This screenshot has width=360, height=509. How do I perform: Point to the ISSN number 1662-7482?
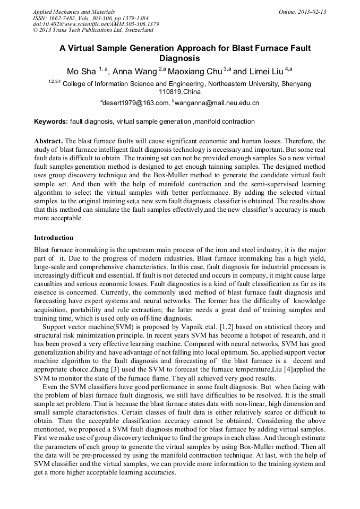point(63,18)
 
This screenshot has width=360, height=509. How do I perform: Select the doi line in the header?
point(96,24)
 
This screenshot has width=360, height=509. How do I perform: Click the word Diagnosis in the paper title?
point(179,58)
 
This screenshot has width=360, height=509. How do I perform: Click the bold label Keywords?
point(51,122)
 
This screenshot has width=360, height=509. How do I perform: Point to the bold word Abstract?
point(48,141)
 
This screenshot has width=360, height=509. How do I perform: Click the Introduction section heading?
point(54,237)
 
